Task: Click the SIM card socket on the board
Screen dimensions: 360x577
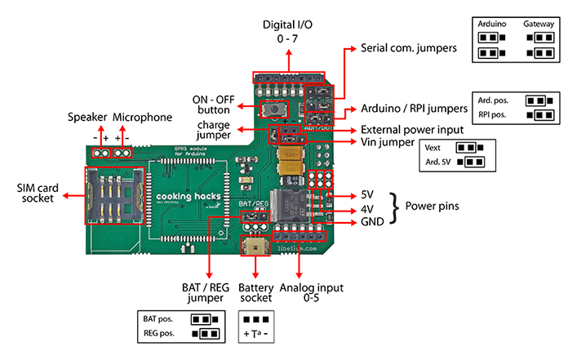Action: click(114, 197)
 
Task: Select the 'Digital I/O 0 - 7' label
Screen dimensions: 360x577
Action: click(287, 31)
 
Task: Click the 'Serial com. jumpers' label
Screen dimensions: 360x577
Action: click(408, 49)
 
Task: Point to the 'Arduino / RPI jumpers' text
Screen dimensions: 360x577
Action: click(414, 109)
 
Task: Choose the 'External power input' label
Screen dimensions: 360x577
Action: click(411, 130)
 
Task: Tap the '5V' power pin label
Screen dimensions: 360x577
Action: click(368, 196)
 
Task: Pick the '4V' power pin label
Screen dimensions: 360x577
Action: click(368, 209)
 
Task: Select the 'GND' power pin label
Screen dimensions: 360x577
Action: click(372, 222)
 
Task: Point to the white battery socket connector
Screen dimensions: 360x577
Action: click(258, 246)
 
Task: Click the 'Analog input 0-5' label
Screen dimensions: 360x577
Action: click(311, 294)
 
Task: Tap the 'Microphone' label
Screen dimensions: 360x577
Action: click(142, 118)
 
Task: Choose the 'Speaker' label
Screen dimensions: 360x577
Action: click(88, 118)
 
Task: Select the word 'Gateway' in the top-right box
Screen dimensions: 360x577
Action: click(539, 24)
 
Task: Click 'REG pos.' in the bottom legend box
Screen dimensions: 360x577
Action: click(160, 333)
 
